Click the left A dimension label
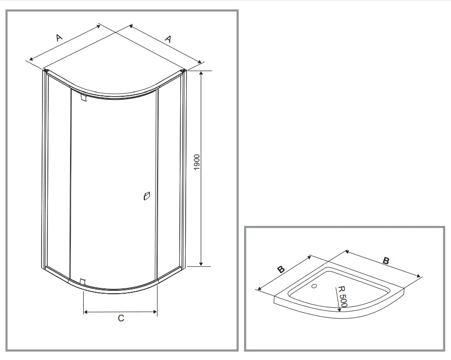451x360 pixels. [x=59, y=37]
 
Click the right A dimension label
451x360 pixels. [x=168, y=39]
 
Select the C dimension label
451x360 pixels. [x=121, y=318]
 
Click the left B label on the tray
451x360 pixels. [x=281, y=270]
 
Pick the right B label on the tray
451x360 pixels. [x=386, y=260]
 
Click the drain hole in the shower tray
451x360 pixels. [x=315, y=286]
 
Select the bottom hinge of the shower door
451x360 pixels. [x=82, y=282]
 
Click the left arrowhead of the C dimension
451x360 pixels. [x=86, y=312]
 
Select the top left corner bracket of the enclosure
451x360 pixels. [x=45, y=71]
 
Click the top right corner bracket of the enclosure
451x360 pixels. [x=183, y=72]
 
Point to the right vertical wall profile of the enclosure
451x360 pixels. [x=183, y=169]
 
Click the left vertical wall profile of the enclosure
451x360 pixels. [x=45, y=169]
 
